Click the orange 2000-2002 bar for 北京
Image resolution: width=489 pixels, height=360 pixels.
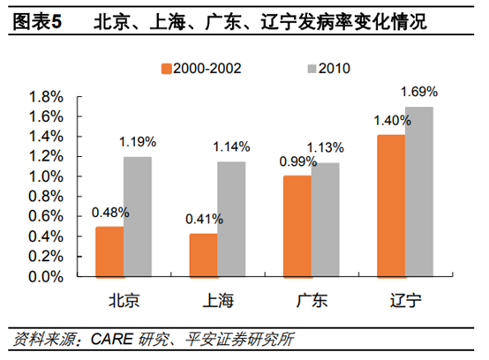109,251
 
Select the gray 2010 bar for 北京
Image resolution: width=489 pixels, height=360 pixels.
137,216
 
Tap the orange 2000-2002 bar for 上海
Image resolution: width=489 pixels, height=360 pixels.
204,255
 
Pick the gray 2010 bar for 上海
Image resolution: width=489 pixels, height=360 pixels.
231,219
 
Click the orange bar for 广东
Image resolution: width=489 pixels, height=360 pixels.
297,226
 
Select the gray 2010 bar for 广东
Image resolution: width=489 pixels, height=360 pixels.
325,219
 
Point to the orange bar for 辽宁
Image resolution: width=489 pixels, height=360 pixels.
391,206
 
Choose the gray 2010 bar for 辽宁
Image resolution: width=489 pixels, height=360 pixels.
418,191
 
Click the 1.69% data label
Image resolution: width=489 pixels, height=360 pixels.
419,91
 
